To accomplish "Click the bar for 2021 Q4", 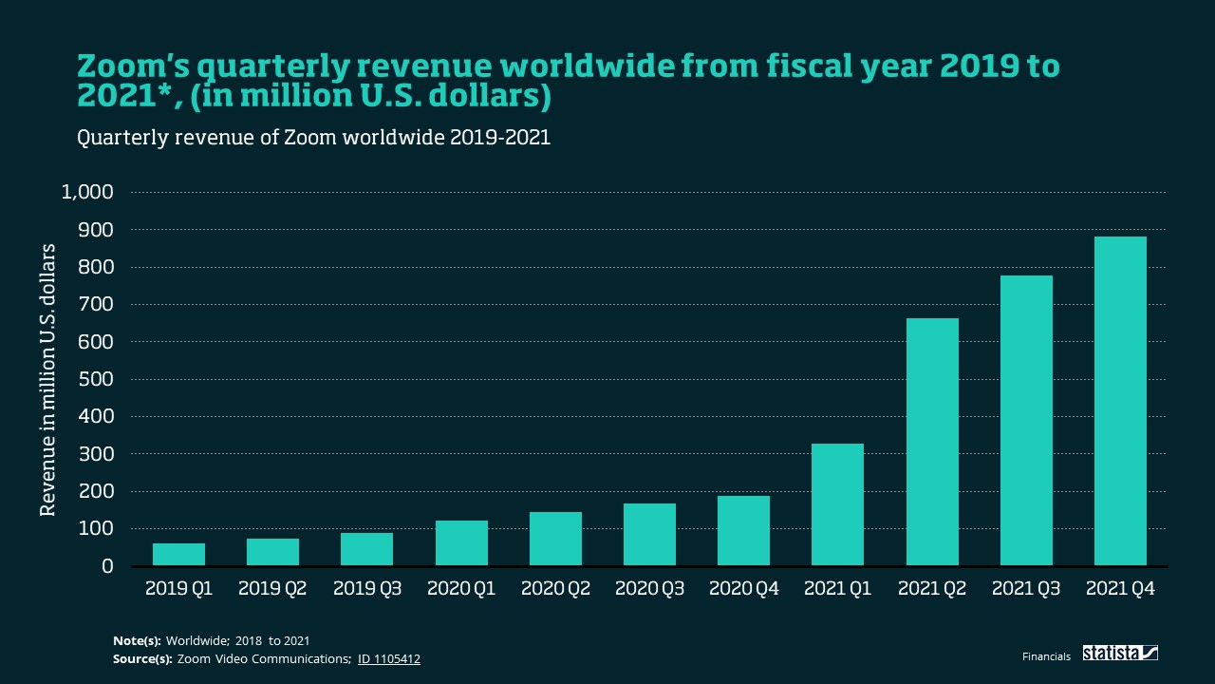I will coord(1120,401).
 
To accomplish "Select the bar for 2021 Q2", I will coord(932,442).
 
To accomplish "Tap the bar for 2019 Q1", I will coord(178,555).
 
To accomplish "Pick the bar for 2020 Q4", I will coord(743,531).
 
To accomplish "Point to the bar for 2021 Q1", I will coord(837,504).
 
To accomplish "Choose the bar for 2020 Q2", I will coord(555,539).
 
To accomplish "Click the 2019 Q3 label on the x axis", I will coord(367,589).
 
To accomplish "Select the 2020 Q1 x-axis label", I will coord(461,589).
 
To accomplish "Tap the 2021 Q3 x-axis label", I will coord(1026,589).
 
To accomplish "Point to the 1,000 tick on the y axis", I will coord(87,192).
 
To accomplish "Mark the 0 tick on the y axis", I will coord(107,566).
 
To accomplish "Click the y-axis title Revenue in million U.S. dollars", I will coord(48,380).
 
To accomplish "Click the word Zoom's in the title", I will coord(126,66).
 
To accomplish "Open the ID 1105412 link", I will coord(388,658).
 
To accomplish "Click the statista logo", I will coord(1120,654).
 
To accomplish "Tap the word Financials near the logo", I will coord(1046,656).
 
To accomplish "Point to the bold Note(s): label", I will coord(137,641).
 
